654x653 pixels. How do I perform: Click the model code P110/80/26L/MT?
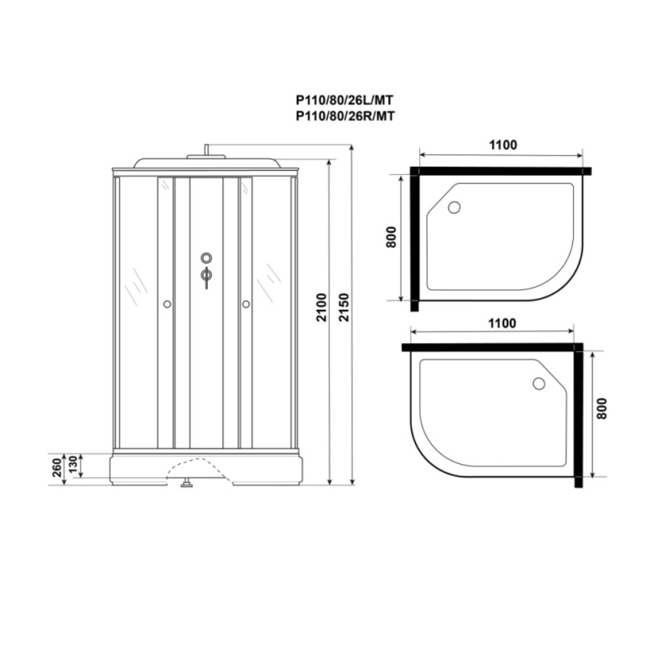pos(345,101)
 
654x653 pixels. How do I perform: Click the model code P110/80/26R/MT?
pos(345,116)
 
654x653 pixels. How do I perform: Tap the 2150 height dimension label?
pos(344,307)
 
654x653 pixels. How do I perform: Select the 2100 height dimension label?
pos(322,307)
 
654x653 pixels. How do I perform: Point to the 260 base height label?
pos(57,467)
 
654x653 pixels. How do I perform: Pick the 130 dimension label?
pos(73,466)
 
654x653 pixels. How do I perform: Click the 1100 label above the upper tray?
pos(502,144)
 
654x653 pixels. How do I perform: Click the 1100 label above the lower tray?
pos(502,323)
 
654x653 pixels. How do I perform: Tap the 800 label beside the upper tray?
pos(391,237)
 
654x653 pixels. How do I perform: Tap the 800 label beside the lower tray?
pos(602,409)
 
